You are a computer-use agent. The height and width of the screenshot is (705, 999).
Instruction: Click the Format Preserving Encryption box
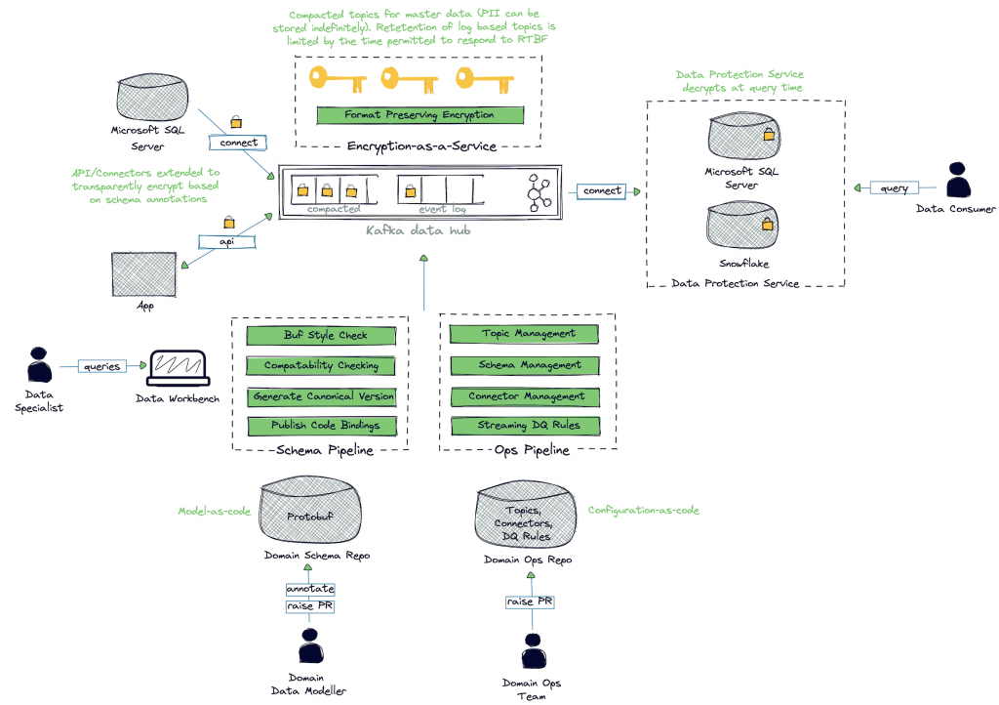click(420, 115)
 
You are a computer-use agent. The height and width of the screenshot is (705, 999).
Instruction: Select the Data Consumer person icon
click(958, 182)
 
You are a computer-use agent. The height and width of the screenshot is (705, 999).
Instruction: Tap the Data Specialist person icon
click(40, 365)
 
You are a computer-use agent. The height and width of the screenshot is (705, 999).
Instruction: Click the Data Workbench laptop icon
click(177, 368)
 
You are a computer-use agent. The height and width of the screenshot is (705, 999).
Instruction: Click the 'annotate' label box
click(310, 589)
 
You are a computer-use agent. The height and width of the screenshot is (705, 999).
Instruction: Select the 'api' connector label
click(226, 240)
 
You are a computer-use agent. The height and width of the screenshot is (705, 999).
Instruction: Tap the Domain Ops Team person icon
click(532, 652)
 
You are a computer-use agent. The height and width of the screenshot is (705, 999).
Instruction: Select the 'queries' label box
click(102, 366)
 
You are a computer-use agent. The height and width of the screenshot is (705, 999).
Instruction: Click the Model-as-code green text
click(213, 511)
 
